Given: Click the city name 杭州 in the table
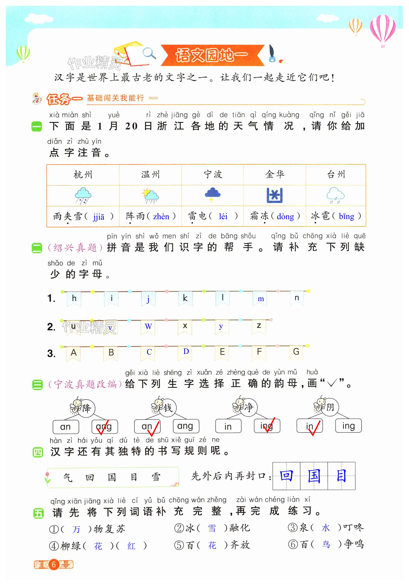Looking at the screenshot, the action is (83, 175).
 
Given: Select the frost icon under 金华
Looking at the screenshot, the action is (274, 195).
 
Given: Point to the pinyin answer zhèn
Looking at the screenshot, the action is (161, 217).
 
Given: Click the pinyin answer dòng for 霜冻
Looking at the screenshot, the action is (285, 217).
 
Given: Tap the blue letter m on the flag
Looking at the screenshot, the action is (261, 299).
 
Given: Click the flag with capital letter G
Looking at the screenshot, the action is (296, 352).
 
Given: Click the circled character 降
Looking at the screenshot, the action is (86, 408).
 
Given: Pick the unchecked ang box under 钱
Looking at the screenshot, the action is (186, 426).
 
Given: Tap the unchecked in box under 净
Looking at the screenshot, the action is (228, 426).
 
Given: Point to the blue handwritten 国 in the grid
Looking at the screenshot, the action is (314, 476).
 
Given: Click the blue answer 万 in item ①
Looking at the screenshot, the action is (76, 529).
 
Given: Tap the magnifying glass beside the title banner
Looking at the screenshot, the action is (149, 53).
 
